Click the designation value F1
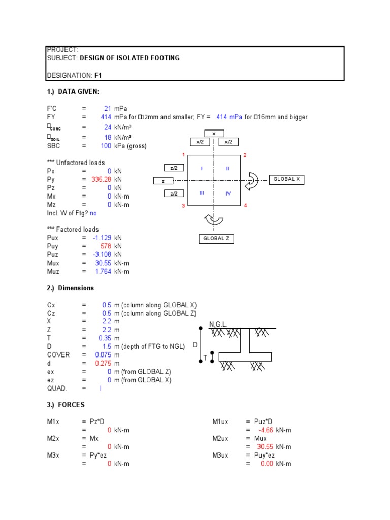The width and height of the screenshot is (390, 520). (99, 75)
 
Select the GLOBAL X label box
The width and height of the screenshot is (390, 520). (287, 179)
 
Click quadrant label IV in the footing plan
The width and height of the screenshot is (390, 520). (228, 193)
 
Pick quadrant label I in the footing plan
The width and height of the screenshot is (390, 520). (202, 168)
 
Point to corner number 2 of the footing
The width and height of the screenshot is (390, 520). (245, 155)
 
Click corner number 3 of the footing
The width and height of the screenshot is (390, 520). (183, 206)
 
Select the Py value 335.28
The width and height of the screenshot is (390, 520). (101, 179)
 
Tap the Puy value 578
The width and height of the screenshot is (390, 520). (106, 246)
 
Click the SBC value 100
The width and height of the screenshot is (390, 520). (106, 146)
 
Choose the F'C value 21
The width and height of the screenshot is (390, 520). (107, 109)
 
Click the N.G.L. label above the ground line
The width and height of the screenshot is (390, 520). (218, 324)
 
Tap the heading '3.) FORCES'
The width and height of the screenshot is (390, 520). (66, 405)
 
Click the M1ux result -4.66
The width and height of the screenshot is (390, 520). (266, 430)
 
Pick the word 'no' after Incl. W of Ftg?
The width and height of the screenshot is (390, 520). (93, 213)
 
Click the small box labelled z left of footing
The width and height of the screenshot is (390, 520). (163, 181)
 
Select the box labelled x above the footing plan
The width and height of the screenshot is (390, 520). (214, 134)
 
